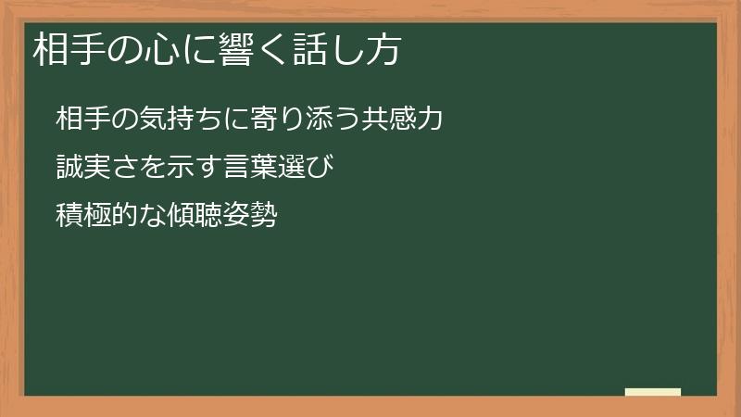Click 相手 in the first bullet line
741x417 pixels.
79,118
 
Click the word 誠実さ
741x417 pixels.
91,168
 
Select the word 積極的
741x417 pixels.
92,218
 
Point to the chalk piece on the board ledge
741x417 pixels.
653,392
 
